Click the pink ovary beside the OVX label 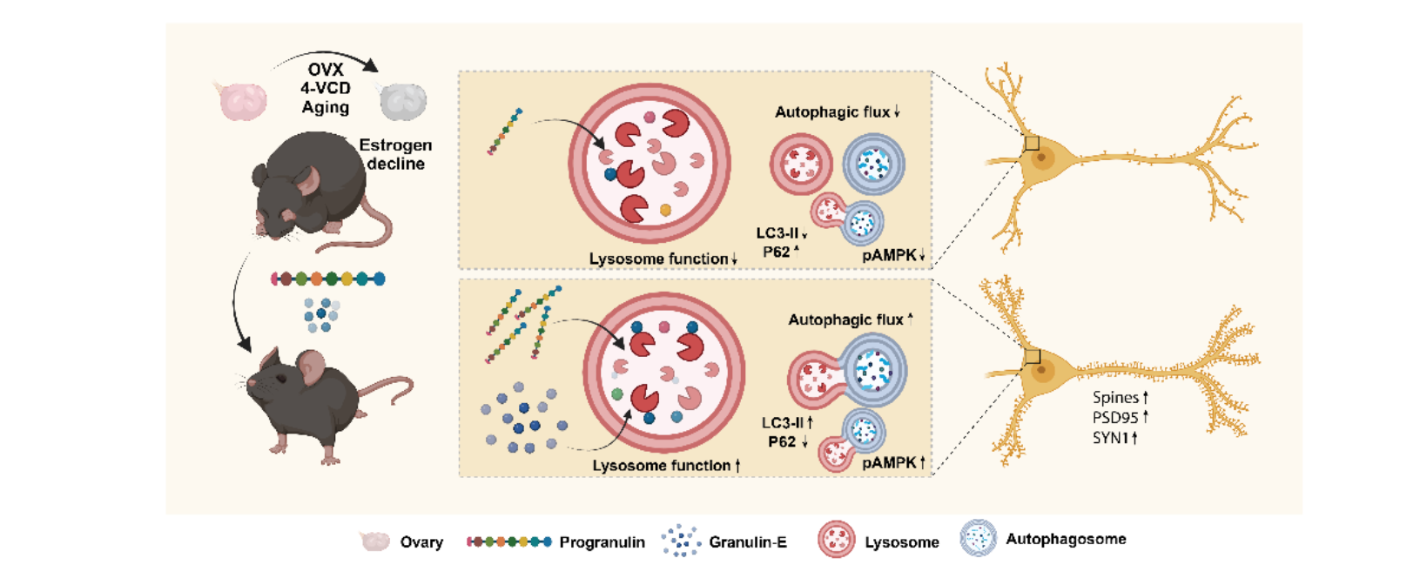click(x=243, y=101)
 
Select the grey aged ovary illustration click(x=403, y=101)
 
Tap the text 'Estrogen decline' click(x=395, y=154)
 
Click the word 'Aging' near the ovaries click(x=326, y=107)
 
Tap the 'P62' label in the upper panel click(x=777, y=252)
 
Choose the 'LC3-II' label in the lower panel click(x=783, y=422)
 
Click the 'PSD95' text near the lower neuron click(x=1114, y=417)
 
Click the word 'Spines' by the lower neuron click(x=1115, y=398)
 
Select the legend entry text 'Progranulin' click(x=602, y=542)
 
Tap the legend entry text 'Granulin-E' click(x=748, y=542)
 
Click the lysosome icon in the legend click(x=836, y=540)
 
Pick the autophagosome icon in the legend click(x=979, y=538)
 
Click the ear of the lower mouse click(x=313, y=366)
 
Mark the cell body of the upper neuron click(x=1042, y=158)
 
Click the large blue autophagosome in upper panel click(x=874, y=164)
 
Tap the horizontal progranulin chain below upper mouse click(x=328, y=279)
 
